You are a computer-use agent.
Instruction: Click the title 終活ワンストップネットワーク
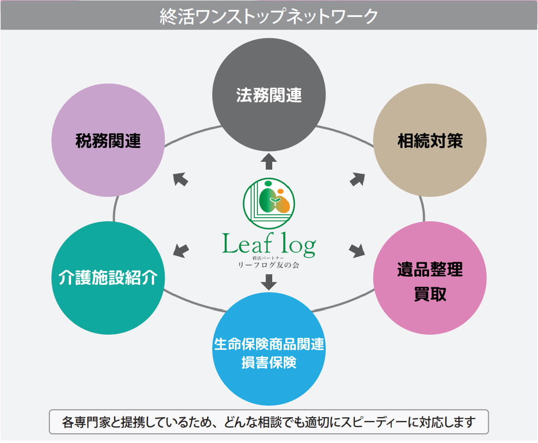[x=269, y=16]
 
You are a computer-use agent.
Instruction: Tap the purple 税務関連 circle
[x=108, y=140]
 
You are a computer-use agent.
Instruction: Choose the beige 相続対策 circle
[x=430, y=140]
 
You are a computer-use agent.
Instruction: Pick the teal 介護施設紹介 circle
[x=108, y=278]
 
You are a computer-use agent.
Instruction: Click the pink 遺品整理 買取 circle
[x=430, y=278]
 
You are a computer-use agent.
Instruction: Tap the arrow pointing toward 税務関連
[x=180, y=179]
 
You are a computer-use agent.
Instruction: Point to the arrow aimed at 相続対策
[x=357, y=179]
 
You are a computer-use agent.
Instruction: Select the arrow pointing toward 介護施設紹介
[x=181, y=250]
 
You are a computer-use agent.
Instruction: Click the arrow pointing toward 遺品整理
[x=357, y=250]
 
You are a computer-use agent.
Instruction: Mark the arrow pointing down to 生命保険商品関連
[x=269, y=282]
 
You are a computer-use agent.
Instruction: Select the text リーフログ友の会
[x=269, y=265]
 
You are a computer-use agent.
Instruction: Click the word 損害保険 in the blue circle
[x=269, y=363]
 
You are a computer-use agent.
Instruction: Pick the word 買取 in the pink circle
[x=430, y=294]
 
